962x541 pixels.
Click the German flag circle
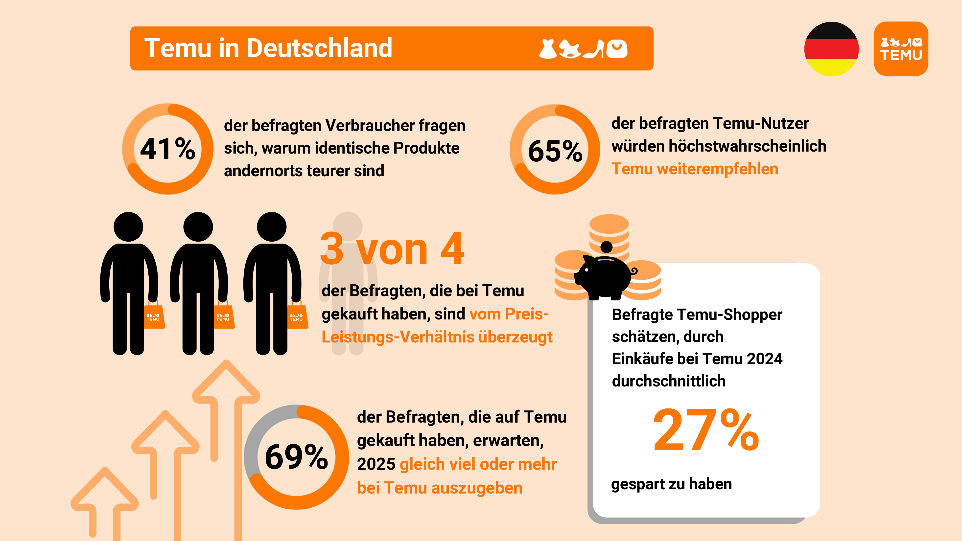pos(831,49)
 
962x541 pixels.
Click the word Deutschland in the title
pos(319,48)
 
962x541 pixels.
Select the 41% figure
pos(168,149)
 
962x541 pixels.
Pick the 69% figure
pos(296,457)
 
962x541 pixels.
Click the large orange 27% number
pos(706,430)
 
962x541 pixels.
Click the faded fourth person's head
pos(347,226)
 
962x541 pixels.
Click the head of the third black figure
pos(272,227)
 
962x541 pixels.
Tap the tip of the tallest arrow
pos(226,364)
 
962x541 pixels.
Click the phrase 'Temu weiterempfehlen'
pos(695,169)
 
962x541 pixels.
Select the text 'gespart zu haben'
pos(671,484)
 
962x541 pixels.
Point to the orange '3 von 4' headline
pos(392,249)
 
